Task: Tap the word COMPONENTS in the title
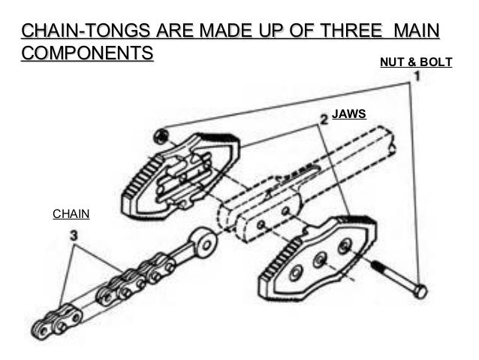point(88,53)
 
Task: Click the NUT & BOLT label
point(416,62)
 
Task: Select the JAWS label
point(348,115)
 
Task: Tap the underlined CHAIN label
point(71,214)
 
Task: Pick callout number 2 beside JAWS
point(323,119)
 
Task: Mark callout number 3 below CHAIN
point(74,235)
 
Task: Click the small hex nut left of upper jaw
point(159,136)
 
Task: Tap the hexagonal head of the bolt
point(420,291)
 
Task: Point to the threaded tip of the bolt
point(373,264)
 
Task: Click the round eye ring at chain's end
point(203,243)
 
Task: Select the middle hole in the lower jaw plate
point(320,260)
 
